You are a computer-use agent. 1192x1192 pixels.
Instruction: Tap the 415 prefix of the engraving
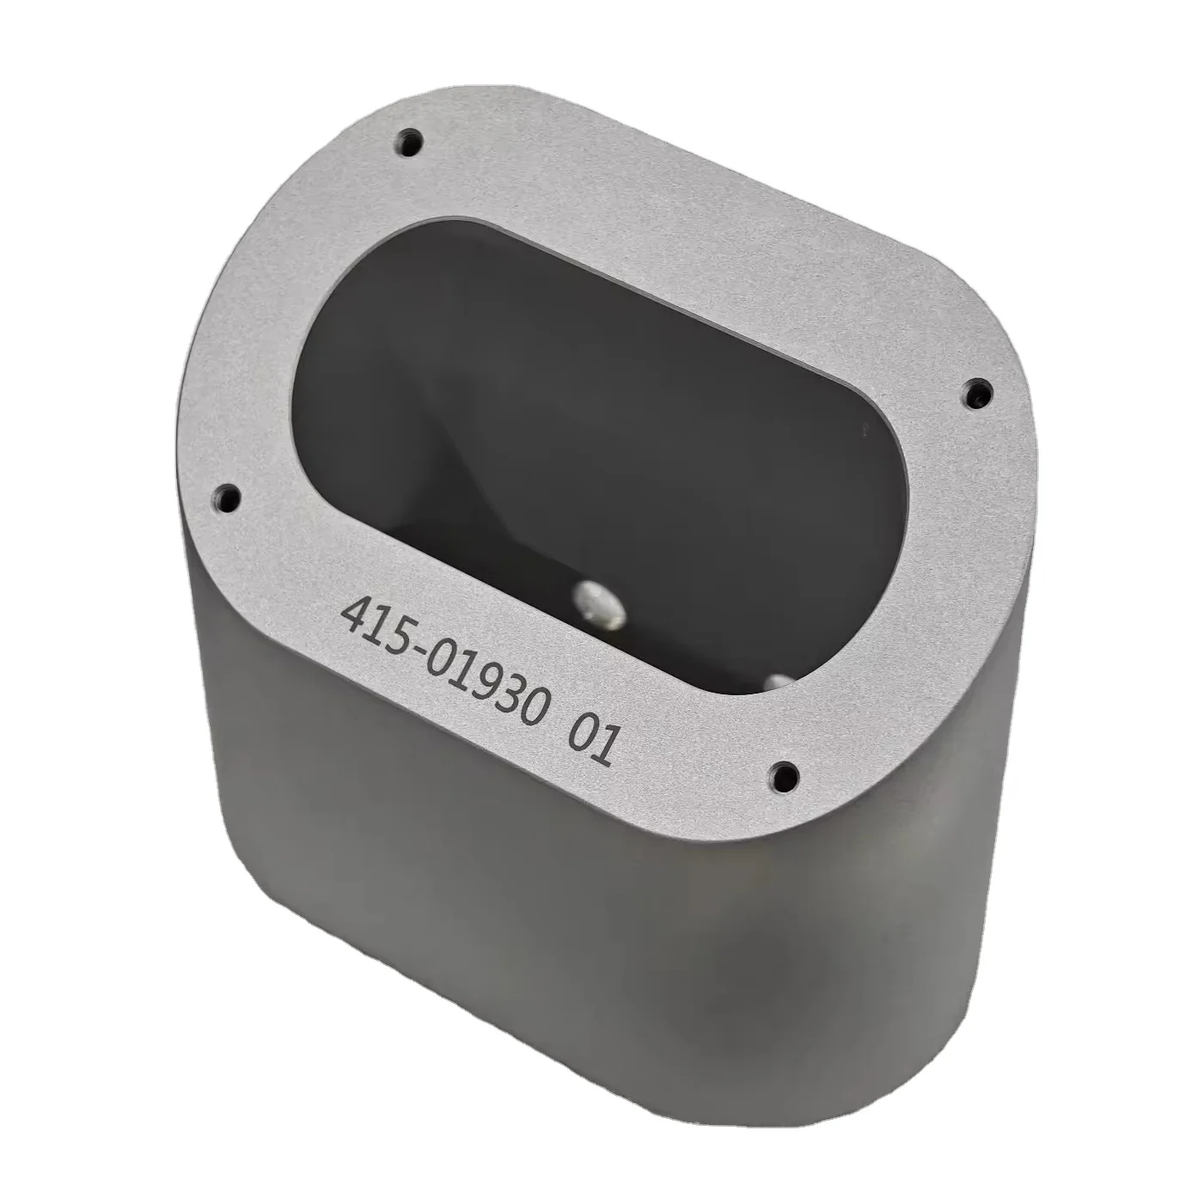point(376,625)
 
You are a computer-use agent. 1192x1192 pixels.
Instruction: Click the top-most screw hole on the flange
point(409,142)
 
